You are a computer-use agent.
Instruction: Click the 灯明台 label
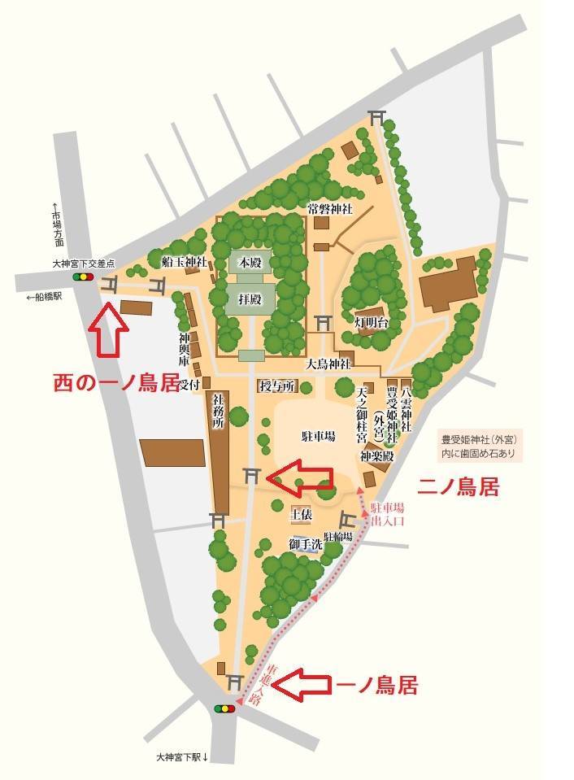click(372, 324)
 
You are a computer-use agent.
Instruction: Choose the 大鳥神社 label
click(328, 364)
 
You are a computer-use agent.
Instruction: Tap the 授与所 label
click(274, 386)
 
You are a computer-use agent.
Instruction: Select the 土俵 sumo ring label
click(301, 514)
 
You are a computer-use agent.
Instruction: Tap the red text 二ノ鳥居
click(458, 487)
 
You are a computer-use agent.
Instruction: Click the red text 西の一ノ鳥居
click(115, 382)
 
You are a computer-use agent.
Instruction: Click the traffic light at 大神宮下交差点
click(83, 277)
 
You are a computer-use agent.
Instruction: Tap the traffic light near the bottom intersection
click(224, 709)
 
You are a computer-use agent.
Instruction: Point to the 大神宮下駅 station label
click(183, 757)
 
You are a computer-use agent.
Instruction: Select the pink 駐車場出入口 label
click(387, 513)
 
